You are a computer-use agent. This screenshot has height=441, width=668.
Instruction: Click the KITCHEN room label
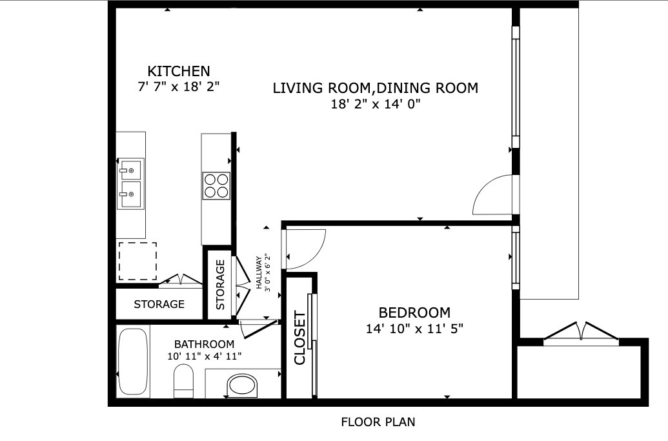179,71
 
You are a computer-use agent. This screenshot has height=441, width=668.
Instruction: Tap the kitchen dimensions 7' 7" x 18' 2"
179,87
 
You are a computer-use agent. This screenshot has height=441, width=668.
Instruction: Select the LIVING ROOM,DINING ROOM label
376,88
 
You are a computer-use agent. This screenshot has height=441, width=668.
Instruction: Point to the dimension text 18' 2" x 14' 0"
376,104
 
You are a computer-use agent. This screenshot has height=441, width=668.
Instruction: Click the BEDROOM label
414,313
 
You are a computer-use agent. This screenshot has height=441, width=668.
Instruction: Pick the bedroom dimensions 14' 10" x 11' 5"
414,329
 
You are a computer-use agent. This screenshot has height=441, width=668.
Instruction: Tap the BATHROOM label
204,344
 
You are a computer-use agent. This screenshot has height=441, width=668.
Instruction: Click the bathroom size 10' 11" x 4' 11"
205,356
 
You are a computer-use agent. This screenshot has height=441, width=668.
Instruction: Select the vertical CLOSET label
300,338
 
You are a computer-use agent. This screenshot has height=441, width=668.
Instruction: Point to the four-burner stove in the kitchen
216,186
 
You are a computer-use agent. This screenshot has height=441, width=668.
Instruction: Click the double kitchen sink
131,183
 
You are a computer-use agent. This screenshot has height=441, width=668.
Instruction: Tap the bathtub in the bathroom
133,362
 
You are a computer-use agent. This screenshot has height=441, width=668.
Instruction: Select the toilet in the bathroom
183,381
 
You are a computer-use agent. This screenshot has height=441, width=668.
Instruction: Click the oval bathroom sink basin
243,385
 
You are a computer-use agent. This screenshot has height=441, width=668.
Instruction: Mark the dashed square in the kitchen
137,262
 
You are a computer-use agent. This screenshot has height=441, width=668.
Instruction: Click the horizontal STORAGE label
159,304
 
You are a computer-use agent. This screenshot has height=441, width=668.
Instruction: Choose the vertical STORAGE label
220,285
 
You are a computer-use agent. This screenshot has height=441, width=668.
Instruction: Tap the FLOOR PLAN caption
378,422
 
